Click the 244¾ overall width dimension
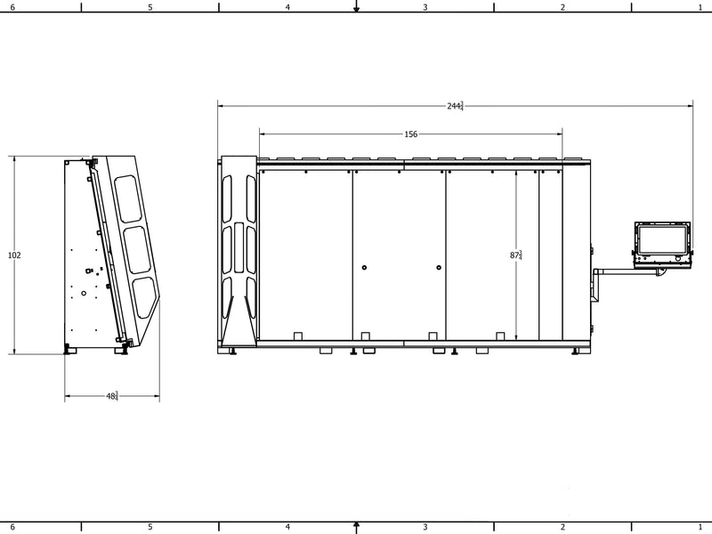[x=455, y=106]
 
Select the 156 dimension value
[x=410, y=134]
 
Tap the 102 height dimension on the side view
[x=14, y=255]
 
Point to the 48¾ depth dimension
[x=112, y=396]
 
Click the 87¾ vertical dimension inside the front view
[x=516, y=255]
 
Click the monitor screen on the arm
[x=662, y=239]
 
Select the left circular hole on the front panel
[x=364, y=268]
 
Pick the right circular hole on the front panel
[x=439, y=268]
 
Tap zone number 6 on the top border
[x=12, y=7]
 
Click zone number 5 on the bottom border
[x=150, y=527]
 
